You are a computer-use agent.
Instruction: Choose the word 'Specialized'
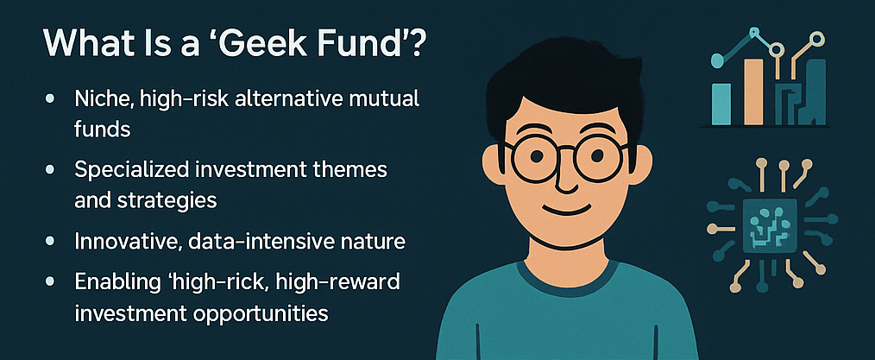coord(131,170)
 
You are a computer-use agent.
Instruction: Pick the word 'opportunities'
coord(261,313)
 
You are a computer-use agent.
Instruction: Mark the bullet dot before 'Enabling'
coord(50,282)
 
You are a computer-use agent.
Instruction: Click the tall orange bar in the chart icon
coord(752,92)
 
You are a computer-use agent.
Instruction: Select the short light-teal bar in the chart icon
coord(721,104)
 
